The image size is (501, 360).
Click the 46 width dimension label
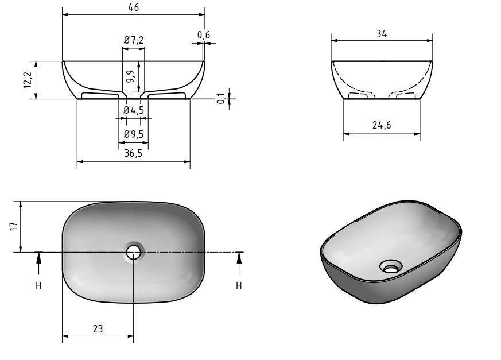tap(134, 7)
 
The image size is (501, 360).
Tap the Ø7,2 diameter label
tap(134, 40)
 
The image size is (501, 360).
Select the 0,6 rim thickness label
tap(204, 35)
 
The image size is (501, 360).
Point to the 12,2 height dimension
tap(28, 80)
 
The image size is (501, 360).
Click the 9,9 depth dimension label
tap(130, 77)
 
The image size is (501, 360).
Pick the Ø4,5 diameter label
tap(134, 110)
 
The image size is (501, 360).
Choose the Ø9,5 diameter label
tap(134, 134)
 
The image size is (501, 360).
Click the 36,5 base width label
tap(133, 153)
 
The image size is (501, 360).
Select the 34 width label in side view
tap(382, 33)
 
